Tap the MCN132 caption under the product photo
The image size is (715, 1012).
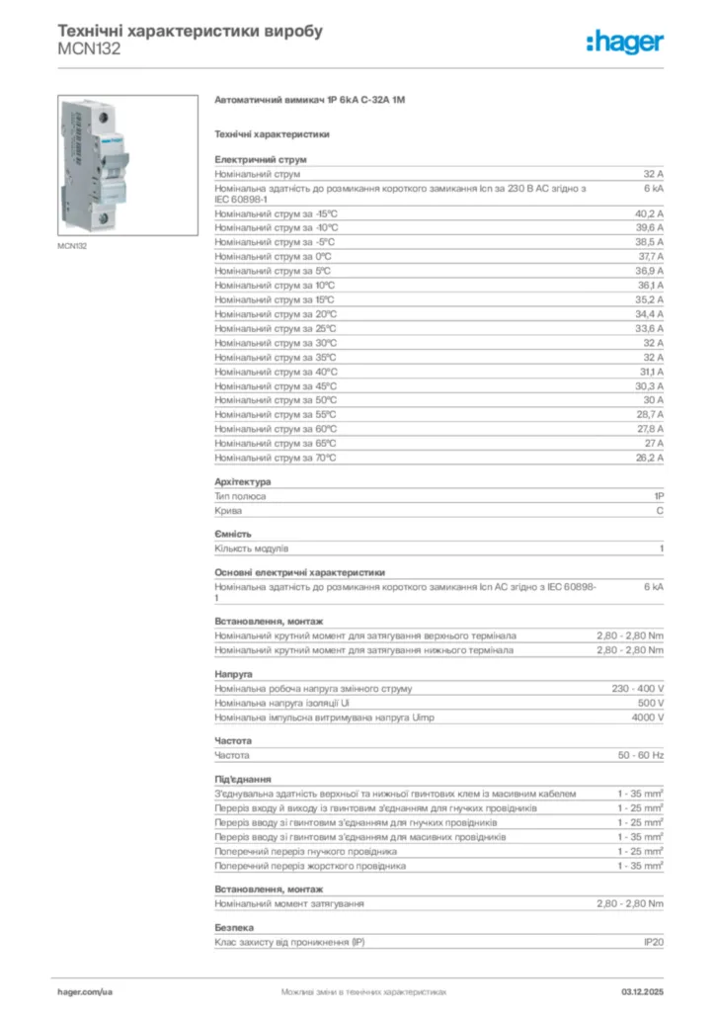pos(72,246)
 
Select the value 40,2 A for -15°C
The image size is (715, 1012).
pos(649,213)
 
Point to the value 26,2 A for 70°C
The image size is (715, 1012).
pos(649,459)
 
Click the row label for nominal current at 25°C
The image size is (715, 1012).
pos(276,328)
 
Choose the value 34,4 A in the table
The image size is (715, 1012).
pos(649,314)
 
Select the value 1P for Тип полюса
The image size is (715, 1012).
pos(658,496)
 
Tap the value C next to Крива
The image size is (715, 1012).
pos(660,511)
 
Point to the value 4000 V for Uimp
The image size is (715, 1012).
pos(648,717)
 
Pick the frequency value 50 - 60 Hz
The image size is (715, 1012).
pos(641,755)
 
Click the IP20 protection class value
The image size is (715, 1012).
pos(654,942)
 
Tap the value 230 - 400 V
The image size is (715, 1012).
pos(638,688)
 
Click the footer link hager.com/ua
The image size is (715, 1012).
pos(85,991)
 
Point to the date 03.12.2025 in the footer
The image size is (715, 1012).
pos(642,991)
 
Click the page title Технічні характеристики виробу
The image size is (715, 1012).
pos(190,31)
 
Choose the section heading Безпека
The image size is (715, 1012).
pos(234,928)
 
